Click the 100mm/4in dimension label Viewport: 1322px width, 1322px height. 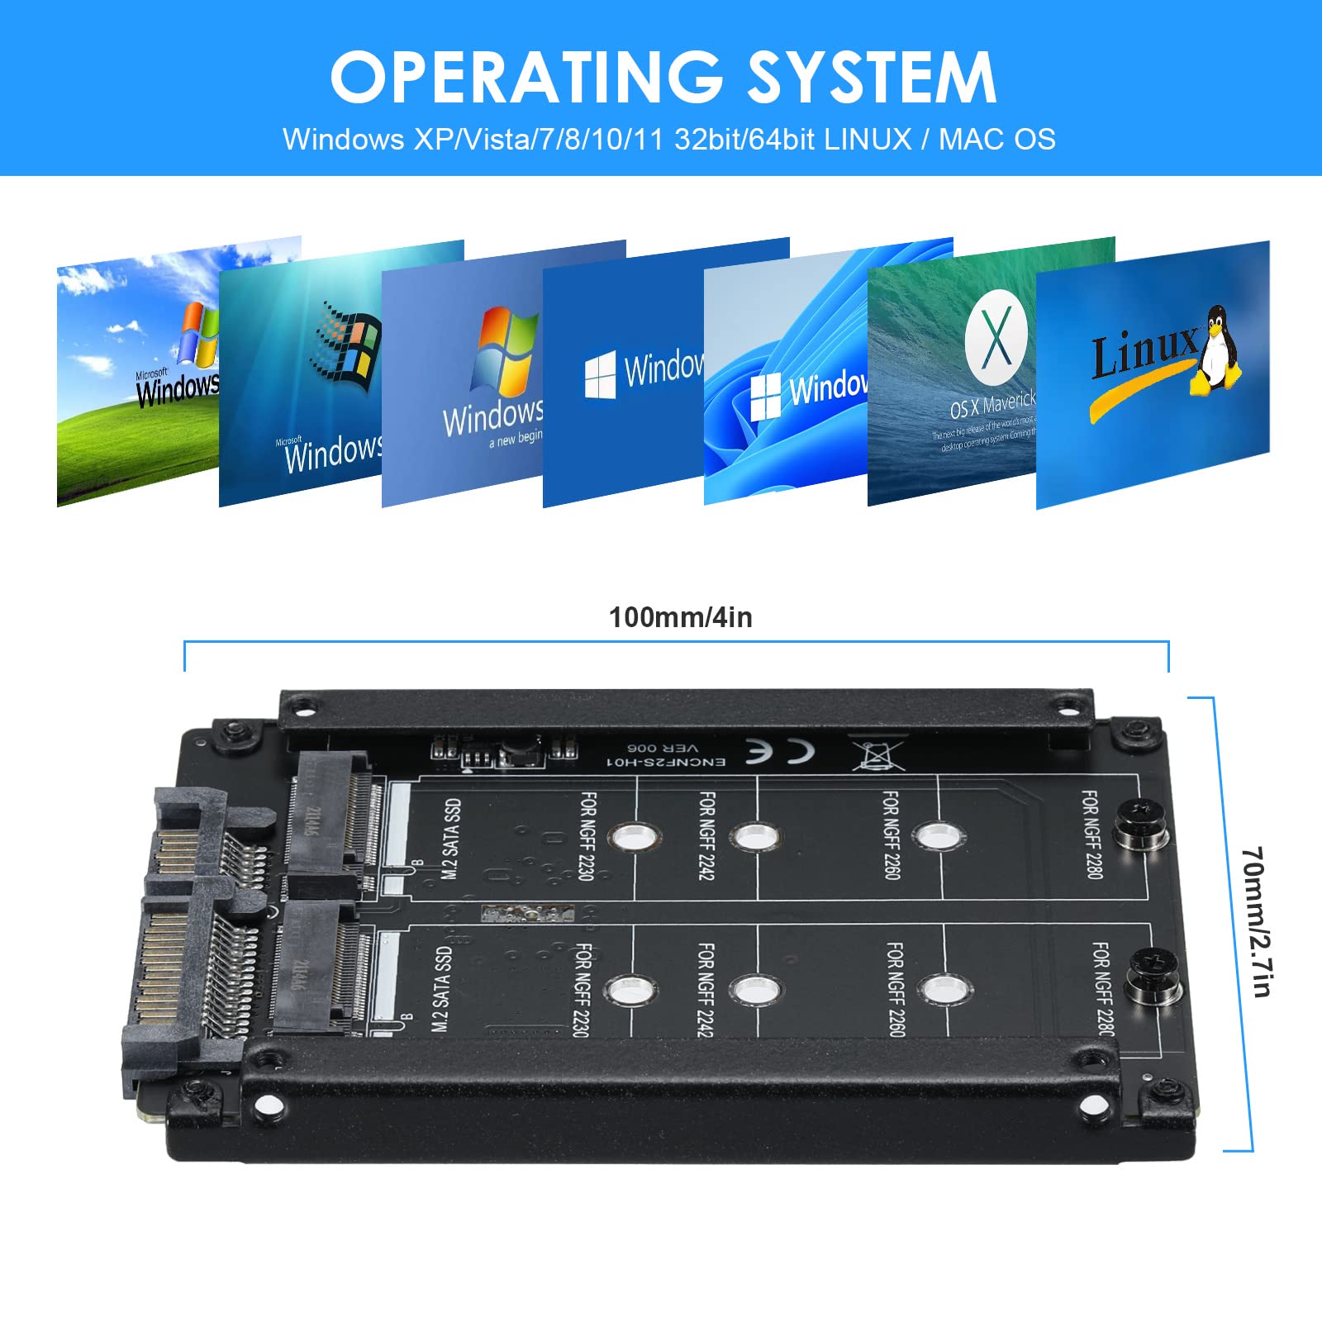680,617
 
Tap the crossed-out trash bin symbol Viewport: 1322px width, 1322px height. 878,753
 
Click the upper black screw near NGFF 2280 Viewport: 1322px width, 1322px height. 1141,824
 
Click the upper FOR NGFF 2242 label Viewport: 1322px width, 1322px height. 707,835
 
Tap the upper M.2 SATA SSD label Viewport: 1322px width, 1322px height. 451,838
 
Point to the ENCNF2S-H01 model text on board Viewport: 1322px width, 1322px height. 666,761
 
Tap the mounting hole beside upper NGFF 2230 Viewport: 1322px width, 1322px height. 634,837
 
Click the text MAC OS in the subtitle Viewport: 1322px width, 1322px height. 997,139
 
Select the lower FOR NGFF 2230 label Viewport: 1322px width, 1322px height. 582,989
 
